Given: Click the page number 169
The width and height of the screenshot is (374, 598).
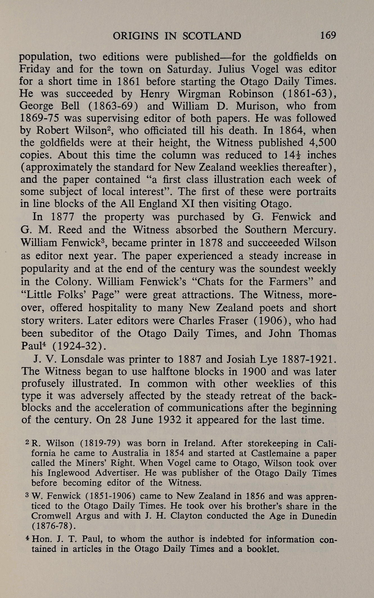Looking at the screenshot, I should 328,35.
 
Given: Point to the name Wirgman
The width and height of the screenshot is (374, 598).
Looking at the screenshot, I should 196,94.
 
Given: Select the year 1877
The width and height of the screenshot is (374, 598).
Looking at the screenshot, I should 62,217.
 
